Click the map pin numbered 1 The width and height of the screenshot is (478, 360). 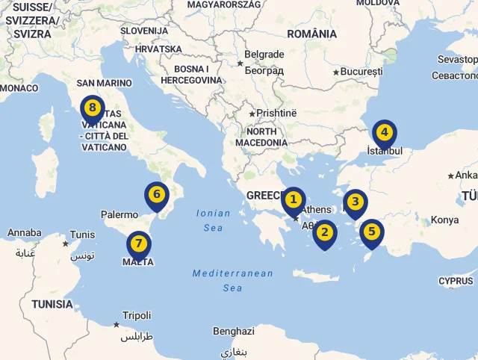(x=294, y=200)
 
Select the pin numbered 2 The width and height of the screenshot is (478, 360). (x=324, y=232)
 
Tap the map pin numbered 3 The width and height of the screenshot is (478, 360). (x=355, y=202)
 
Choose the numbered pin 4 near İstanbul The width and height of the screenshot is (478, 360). (x=384, y=134)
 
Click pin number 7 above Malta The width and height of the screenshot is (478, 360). (x=138, y=244)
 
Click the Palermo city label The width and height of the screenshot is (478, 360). (x=119, y=214)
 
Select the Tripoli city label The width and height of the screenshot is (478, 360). (x=137, y=316)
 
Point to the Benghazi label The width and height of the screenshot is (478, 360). (x=234, y=331)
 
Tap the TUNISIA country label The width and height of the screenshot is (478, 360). (x=52, y=304)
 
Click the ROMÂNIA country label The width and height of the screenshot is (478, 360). (x=312, y=34)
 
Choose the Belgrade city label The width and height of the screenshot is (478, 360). (x=264, y=55)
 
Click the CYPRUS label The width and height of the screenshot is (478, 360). (x=456, y=281)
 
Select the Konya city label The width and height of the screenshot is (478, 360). (x=444, y=220)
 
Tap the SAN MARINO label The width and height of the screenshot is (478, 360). (x=105, y=83)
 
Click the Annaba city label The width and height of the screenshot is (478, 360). (x=25, y=233)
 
